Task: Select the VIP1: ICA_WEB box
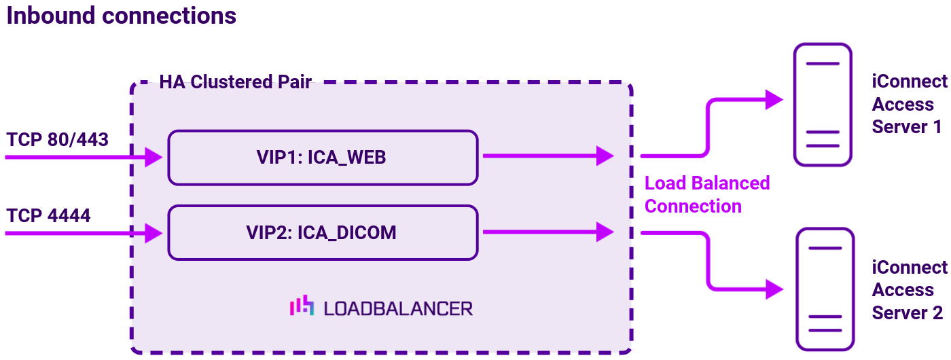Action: point(323,158)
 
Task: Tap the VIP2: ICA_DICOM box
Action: point(323,232)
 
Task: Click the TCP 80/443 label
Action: point(58,139)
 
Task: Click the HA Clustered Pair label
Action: point(235,82)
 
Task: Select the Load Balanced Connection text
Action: point(706,194)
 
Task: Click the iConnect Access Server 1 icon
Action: point(823,105)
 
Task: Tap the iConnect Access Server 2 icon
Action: point(824,289)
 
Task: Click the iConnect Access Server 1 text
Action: point(909,105)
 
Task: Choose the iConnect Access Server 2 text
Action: point(909,290)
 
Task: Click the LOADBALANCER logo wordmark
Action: point(397,308)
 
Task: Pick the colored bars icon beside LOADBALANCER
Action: point(302,306)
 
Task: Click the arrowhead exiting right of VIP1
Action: point(605,156)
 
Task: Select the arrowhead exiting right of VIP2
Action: point(605,232)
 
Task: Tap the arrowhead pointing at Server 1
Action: point(774,100)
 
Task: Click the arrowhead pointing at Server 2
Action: point(774,289)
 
